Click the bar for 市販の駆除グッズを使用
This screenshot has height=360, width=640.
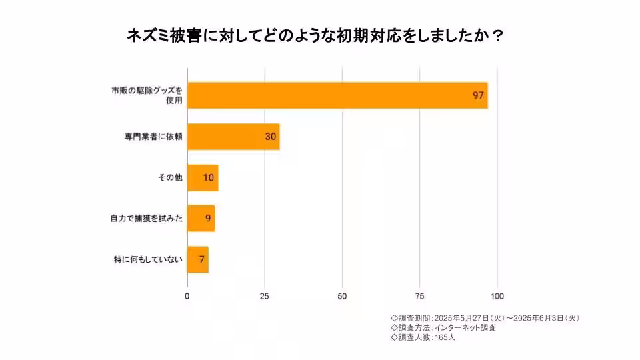coord(337,95)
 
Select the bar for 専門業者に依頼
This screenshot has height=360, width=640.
coord(233,137)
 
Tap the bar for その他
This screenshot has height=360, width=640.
coord(202,178)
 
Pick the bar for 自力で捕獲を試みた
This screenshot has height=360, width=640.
coord(200,218)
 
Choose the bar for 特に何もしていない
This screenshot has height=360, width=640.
coord(197,259)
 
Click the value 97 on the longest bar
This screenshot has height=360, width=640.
coord(477,95)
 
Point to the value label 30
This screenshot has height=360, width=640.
coord(270,137)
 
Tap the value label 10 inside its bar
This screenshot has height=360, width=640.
coord(209,178)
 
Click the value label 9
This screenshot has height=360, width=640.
coord(208,218)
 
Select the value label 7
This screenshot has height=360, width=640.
coord(201,259)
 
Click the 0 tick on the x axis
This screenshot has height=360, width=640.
coord(187,296)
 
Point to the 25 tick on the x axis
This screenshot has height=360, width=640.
coord(265,296)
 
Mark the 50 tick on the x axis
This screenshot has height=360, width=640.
coord(342,296)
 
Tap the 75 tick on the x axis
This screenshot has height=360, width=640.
coord(420,296)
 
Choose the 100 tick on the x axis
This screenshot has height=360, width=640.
coord(497,296)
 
